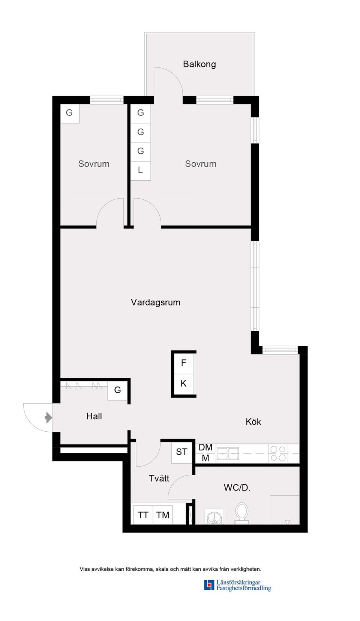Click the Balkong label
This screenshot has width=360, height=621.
click(199, 64)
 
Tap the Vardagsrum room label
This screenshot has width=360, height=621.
click(155, 302)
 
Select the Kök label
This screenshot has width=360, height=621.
click(253, 422)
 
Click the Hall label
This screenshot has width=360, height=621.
click(94, 416)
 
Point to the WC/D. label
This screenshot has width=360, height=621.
click(237, 488)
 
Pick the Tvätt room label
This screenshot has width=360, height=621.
click(159, 478)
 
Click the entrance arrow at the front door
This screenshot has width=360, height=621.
click(48, 417)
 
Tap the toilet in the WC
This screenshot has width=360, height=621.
click(242, 512)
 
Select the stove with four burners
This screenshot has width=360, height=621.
click(278, 453)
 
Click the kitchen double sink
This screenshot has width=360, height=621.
click(228, 453)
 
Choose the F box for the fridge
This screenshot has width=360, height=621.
click(183, 363)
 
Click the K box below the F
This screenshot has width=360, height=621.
click(183, 383)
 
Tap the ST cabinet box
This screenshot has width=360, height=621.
click(181, 452)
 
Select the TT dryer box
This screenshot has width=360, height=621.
click(143, 515)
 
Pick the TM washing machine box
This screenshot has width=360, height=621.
click(163, 515)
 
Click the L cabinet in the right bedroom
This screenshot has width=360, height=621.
click(140, 170)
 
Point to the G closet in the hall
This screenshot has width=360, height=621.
click(117, 390)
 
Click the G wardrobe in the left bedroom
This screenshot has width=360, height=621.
click(69, 113)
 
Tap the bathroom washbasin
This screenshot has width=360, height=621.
click(214, 517)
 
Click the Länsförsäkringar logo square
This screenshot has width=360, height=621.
click(209, 585)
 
